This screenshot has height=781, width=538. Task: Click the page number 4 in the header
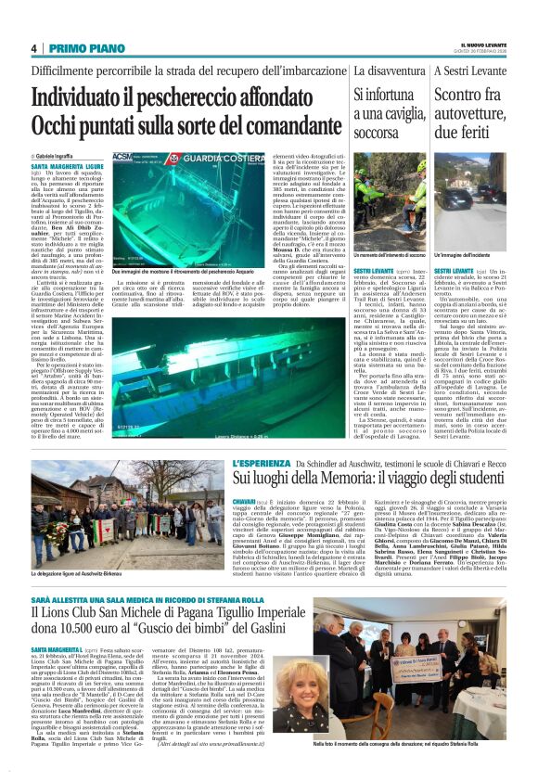[33, 48]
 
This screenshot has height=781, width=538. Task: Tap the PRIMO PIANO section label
[79, 48]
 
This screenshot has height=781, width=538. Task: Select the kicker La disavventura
[389, 70]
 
